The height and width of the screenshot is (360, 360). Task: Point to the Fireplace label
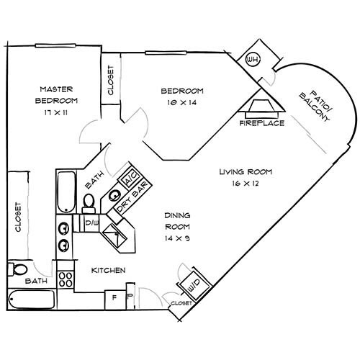click(262, 123)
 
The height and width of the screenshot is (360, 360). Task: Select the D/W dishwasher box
click(92, 224)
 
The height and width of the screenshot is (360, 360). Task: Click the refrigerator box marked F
click(113, 296)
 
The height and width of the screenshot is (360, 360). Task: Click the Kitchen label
click(109, 270)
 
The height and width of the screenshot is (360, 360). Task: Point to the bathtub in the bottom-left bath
click(30, 299)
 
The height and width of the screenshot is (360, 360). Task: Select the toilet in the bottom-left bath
click(17, 270)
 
